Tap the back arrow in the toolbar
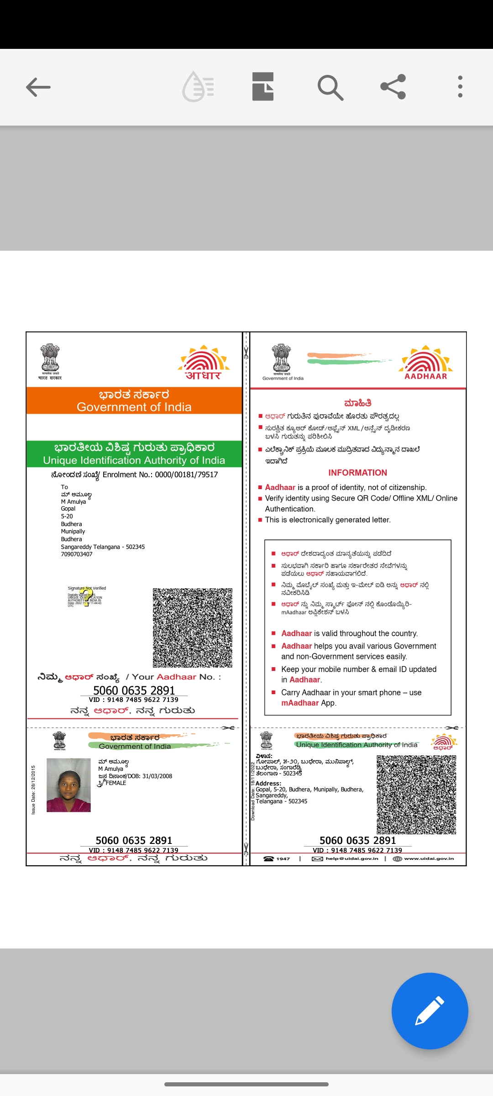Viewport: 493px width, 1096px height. click(38, 87)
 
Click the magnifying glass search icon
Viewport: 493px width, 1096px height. click(330, 87)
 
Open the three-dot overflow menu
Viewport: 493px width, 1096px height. click(460, 87)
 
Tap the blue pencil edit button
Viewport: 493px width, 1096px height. click(430, 1011)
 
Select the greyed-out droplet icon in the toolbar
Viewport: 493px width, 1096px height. click(198, 87)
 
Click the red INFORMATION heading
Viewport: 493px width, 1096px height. click(357, 473)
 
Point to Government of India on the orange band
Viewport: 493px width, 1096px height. click(134, 407)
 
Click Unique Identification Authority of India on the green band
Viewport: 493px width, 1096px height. click(134, 460)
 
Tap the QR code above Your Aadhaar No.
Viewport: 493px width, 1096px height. click(192, 627)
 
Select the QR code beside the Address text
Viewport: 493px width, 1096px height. click(416, 795)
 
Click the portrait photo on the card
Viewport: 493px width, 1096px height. click(68, 785)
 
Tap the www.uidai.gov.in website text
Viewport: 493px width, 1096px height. click(429, 859)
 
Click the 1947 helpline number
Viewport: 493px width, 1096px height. click(283, 859)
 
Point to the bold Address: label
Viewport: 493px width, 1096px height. click(268, 784)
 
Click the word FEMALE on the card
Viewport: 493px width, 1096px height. click(115, 783)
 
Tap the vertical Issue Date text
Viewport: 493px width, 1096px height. click(33, 790)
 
